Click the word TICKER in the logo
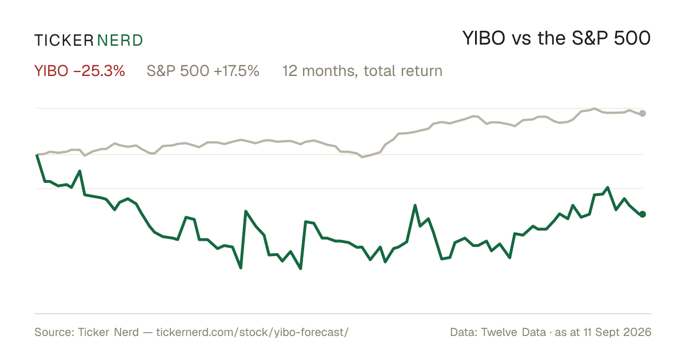64,41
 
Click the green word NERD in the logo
120,41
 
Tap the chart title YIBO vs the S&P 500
556,38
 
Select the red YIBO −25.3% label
79,71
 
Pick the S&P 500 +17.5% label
203,71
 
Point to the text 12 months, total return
362,71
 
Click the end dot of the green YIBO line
643,214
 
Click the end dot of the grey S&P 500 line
643,114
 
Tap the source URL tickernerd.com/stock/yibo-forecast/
252,332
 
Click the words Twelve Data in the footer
513,332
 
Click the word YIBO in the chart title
484,38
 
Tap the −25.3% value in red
99,71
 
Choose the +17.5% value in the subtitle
237,71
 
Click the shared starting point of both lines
37,155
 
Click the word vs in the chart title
521,40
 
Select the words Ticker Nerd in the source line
108,332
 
